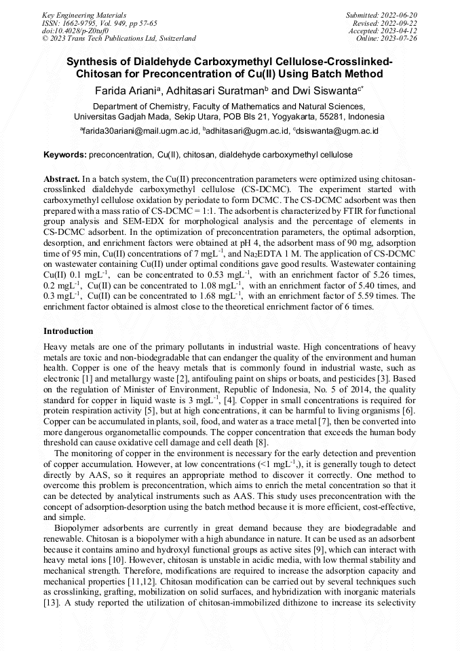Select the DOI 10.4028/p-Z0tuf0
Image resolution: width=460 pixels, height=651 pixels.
point(75,31)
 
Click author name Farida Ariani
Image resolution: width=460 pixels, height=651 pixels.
point(125,90)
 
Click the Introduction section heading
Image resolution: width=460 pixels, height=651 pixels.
point(69,331)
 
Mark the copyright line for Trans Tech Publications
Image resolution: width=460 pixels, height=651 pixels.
point(119,39)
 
